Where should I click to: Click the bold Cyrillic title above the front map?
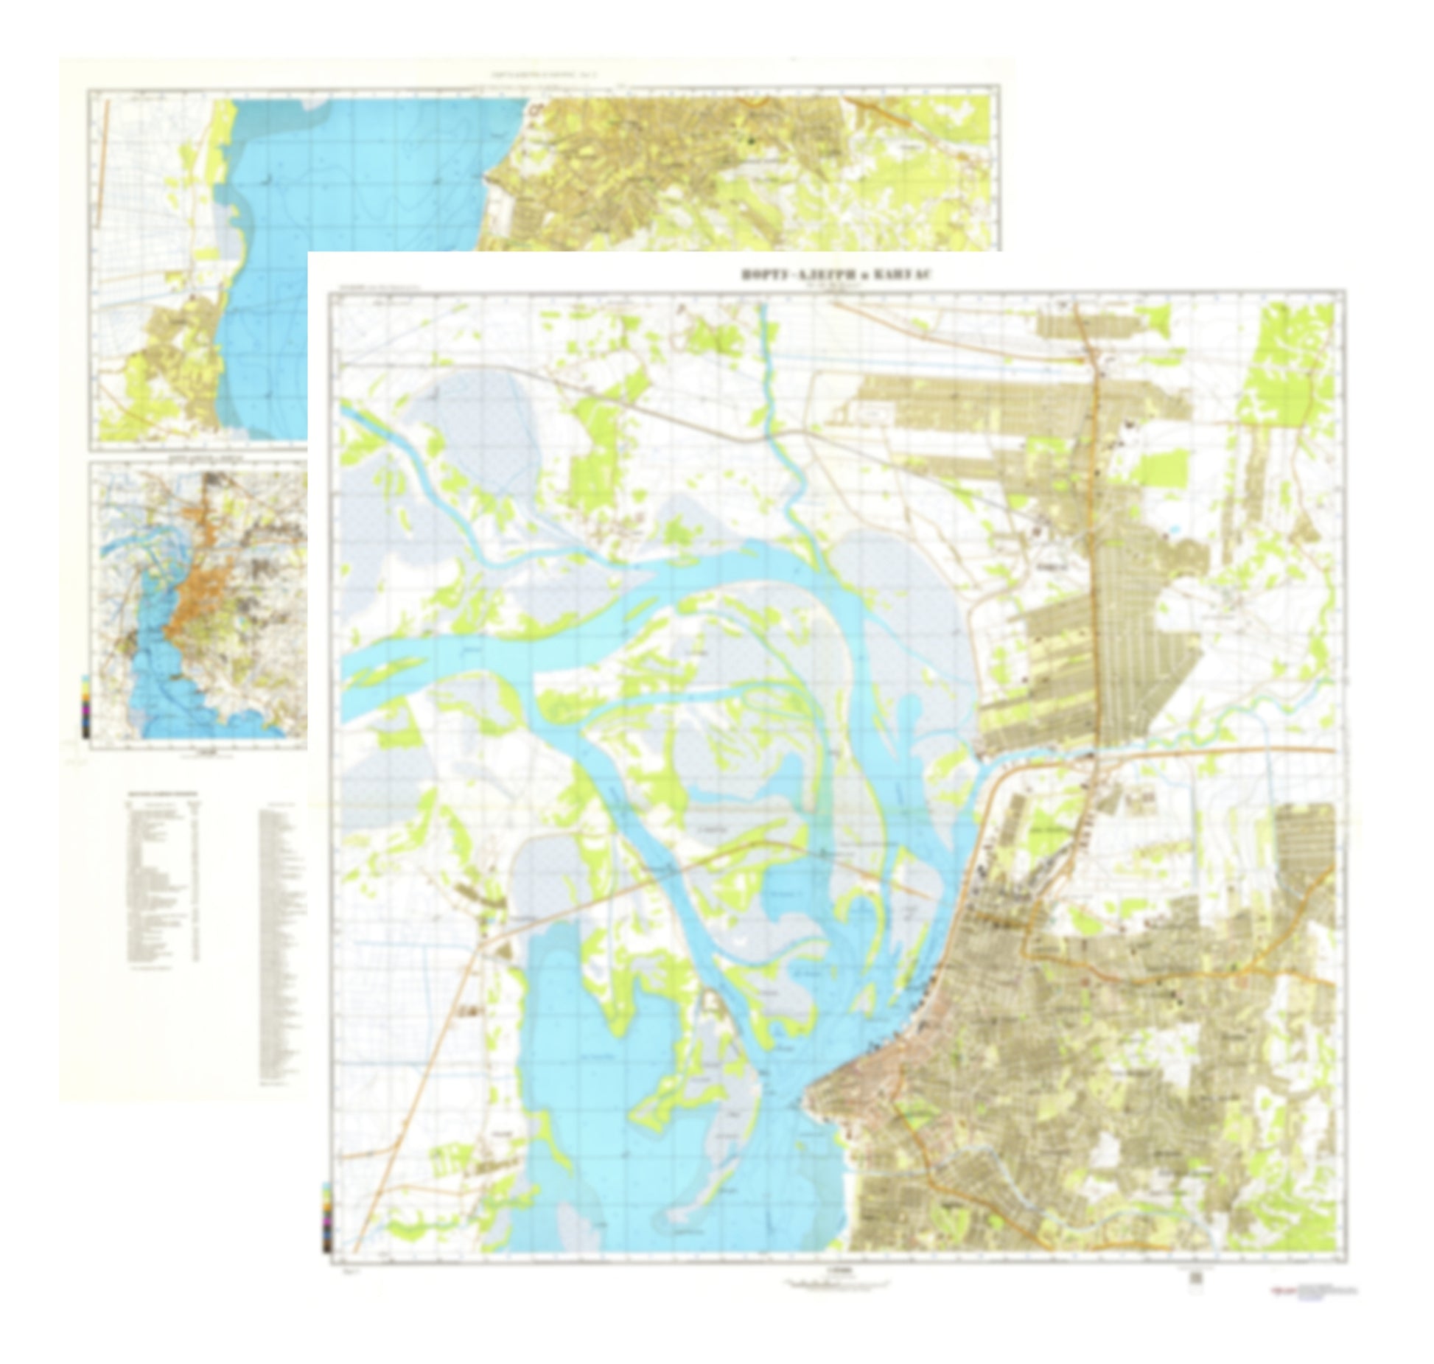[836, 275]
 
